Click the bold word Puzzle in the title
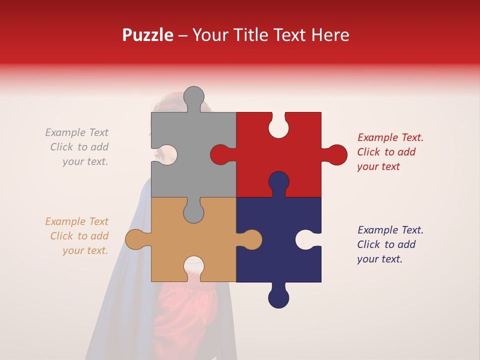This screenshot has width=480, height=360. coord(147,35)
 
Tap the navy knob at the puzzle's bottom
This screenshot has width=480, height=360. coord(278,297)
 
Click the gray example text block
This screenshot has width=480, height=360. coord(78,147)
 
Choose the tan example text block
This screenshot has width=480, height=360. coord(78,236)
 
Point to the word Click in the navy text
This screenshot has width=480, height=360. coord(368,244)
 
